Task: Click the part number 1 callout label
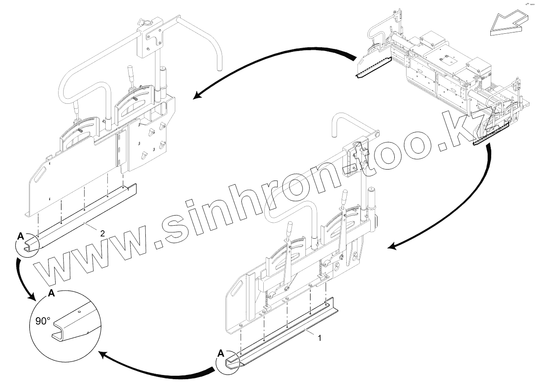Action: (320, 338)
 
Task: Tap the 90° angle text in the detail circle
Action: (43, 321)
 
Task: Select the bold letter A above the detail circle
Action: (51, 294)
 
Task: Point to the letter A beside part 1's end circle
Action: (221, 353)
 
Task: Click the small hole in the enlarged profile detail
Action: (79, 313)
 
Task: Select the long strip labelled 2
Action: (84, 211)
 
